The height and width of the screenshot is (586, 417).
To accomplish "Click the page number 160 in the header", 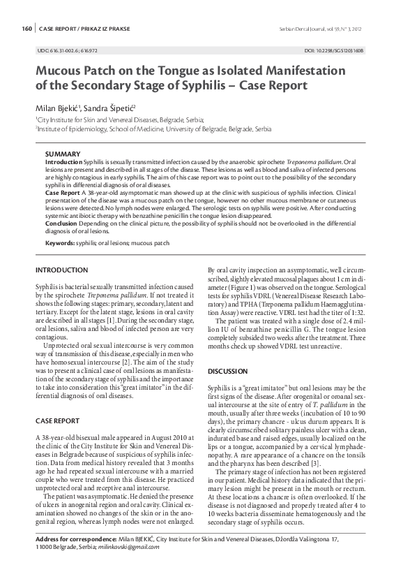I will point(26,29).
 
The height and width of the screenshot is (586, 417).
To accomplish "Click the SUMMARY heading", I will point(62,154).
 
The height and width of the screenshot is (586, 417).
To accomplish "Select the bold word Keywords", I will point(59,243).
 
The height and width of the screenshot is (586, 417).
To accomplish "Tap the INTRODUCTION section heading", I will point(61,270).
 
